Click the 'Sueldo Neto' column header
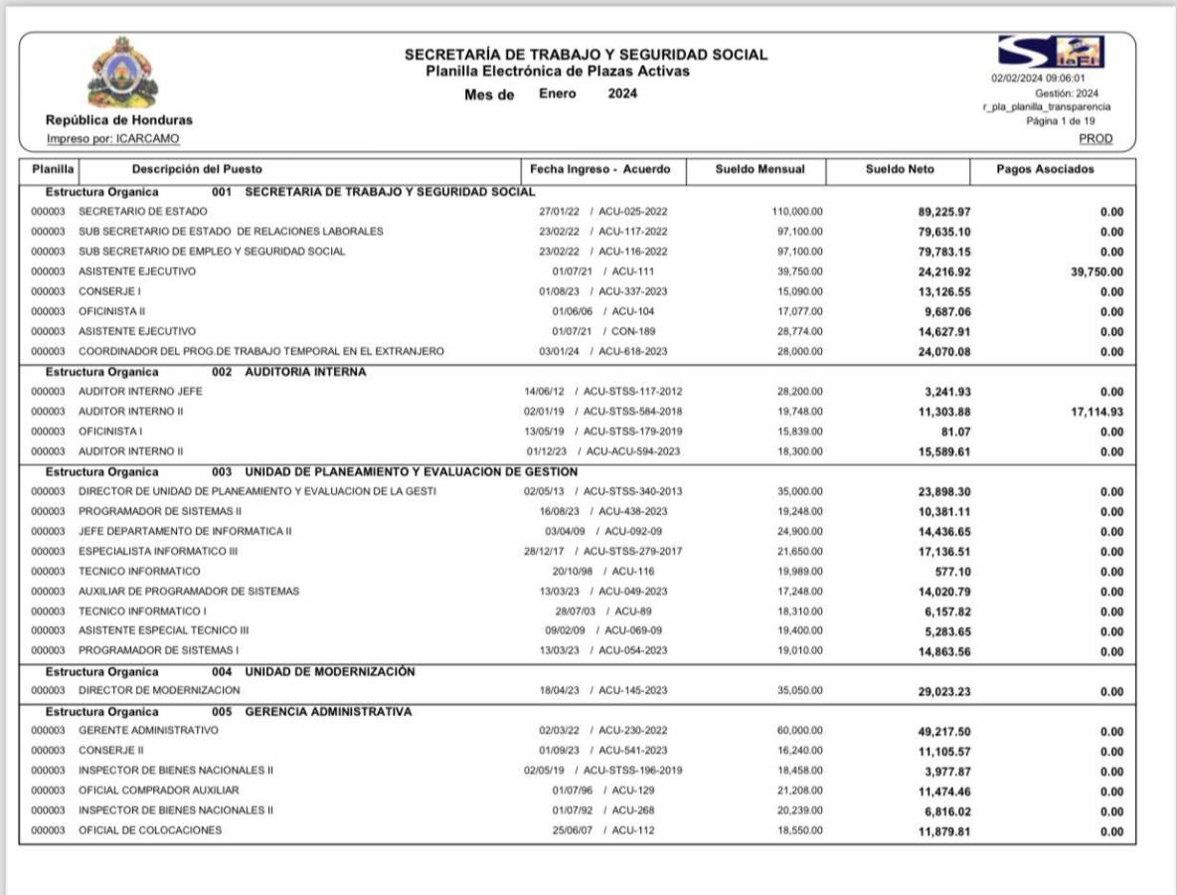pos(900,169)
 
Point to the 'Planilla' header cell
pos(48,169)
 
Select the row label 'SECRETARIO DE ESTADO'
pos(143,211)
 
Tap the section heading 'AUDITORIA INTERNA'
pos(305,372)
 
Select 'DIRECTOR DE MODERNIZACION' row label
pos(159,690)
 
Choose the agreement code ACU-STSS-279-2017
pos(632,551)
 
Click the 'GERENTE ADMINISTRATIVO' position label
pos(148,730)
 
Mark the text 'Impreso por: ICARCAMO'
pos(113,138)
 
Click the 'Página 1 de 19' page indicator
pos(1061,120)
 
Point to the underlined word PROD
pos(1095,138)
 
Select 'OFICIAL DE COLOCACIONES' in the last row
pos(150,830)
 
